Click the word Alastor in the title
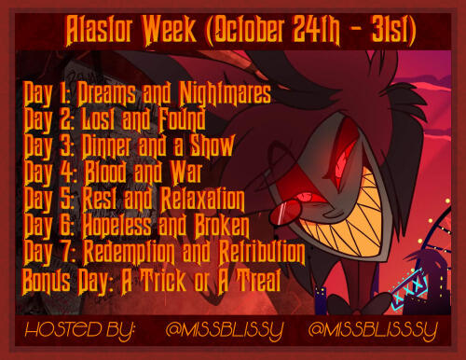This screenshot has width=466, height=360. point(99,31)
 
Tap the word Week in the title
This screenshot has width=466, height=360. point(170,31)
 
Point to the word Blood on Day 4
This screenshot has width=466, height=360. point(105,172)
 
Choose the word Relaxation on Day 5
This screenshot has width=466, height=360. point(202,199)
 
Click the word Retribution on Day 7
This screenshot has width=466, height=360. point(262,253)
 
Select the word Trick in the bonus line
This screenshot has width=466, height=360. point(164,281)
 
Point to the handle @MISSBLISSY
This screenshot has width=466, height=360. point(225,330)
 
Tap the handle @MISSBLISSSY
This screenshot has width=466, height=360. point(373,330)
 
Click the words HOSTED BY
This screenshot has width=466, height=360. point(80,330)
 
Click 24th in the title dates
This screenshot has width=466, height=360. point(316,31)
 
